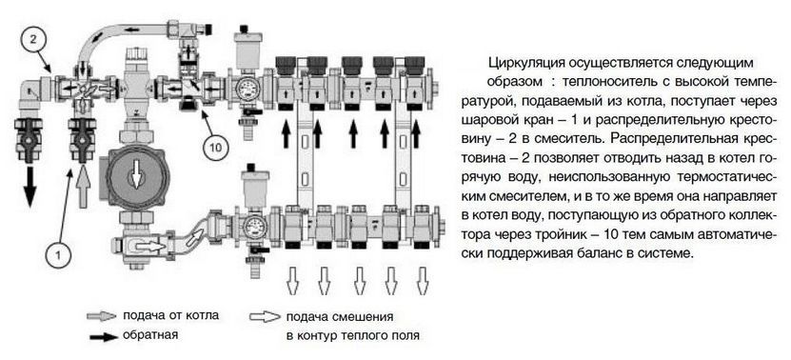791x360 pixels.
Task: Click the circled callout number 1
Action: click(x=58, y=255)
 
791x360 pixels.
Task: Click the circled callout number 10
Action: click(x=216, y=147)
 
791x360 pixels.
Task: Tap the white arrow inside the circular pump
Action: click(x=135, y=177)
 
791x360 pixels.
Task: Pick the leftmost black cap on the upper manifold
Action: click(x=286, y=65)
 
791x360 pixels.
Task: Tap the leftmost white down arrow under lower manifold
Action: click(x=292, y=280)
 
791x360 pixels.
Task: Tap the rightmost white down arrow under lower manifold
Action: click(x=423, y=280)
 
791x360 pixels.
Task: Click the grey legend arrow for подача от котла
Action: click(x=102, y=316)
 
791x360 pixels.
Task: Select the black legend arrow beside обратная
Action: click(x=104, y=337)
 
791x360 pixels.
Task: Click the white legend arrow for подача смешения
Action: click(x=265, y=317)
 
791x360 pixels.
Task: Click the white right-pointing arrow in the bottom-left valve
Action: click(x=148, y=247)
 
